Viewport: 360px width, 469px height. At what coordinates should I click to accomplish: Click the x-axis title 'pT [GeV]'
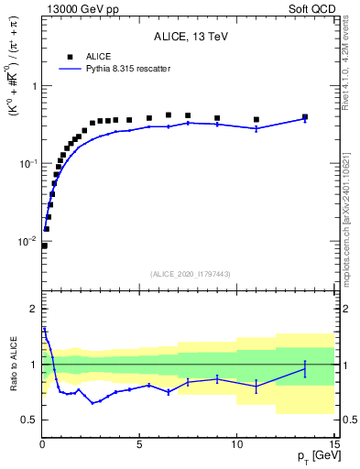(313, 455)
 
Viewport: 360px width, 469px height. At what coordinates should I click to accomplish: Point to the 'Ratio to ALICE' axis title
(13, 365)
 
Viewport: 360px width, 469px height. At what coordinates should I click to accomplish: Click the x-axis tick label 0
(42, 444)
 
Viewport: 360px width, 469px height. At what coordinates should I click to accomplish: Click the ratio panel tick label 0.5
(28, 420)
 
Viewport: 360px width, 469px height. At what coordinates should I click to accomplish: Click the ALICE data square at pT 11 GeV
(256, 120)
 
